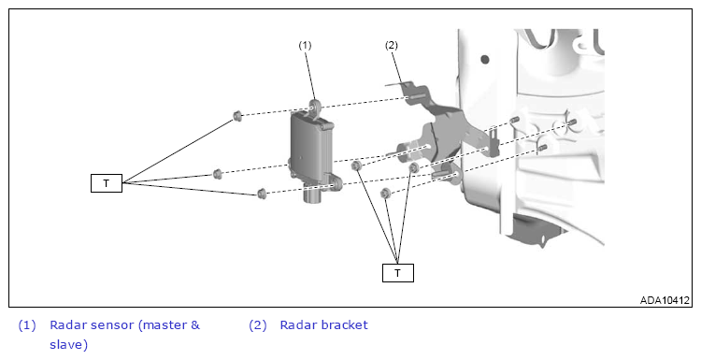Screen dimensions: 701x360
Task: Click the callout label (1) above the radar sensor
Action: coord(305,45)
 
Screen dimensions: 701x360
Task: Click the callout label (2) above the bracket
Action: coord(392,45)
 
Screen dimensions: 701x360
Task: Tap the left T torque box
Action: coord(107,183)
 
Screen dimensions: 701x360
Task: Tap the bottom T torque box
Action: coord(398,273)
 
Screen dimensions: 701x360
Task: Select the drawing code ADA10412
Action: coord(665,300)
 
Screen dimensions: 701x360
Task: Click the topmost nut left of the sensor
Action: coord(237,116)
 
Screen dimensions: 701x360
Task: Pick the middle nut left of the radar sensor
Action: coord(217,174)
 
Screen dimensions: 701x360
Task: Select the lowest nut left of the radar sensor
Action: coord(262,194)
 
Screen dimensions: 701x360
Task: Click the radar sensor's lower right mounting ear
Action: coord(336,182)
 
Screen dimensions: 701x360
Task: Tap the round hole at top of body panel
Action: coord(484,59)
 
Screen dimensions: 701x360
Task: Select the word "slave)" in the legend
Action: coord(69,344)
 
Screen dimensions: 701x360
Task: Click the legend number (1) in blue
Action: coord(27,325)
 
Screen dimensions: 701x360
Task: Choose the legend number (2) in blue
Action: coord(258,325)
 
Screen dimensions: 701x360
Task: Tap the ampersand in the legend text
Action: coord(195,324)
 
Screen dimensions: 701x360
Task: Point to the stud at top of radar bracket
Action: coord(417,96)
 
